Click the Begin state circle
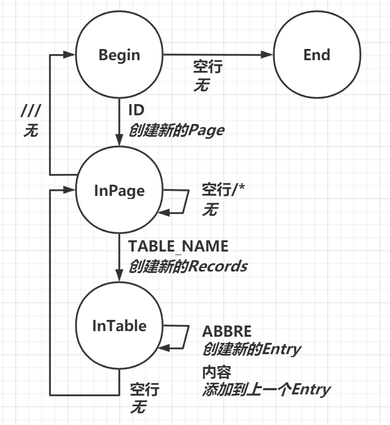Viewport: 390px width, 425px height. click(x=119, y=55)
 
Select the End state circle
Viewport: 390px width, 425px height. click(x=317, y=55)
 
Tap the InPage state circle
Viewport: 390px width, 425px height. click(x=119, y=191)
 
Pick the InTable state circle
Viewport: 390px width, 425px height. click(x=119, y=326)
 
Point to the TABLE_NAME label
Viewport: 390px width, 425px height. click(x=178, y=246)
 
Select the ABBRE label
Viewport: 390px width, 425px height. click(x=227, y=331)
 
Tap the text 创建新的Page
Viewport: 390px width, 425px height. click(x=176, y=130)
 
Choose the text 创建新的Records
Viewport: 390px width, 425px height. click(x=188, y=266)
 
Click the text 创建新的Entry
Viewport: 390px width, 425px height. click(x=252, y=349)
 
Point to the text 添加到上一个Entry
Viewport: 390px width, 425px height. click(x=266, y=390)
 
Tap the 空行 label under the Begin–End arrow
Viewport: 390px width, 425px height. click(x=208, y=66)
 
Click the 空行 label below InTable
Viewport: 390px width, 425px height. click(x=144, y=390)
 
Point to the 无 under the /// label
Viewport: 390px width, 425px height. click(x=31, y=131)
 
